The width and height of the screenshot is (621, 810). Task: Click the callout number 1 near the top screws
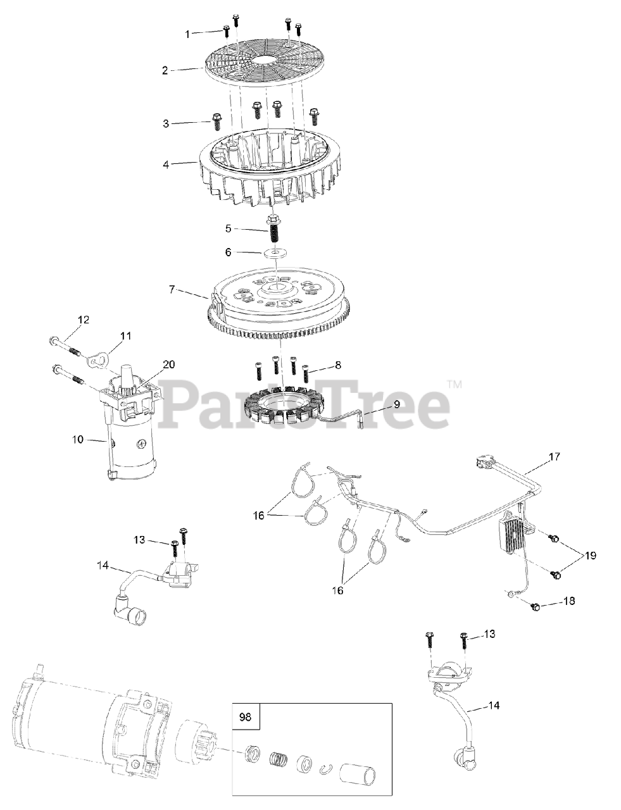188,35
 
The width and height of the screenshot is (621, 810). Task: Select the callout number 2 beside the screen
165,70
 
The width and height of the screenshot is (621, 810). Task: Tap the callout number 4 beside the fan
165,165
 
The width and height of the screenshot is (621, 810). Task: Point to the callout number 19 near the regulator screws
590,556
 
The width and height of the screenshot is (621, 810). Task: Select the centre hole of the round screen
261,60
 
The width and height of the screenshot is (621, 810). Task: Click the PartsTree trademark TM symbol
455,383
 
